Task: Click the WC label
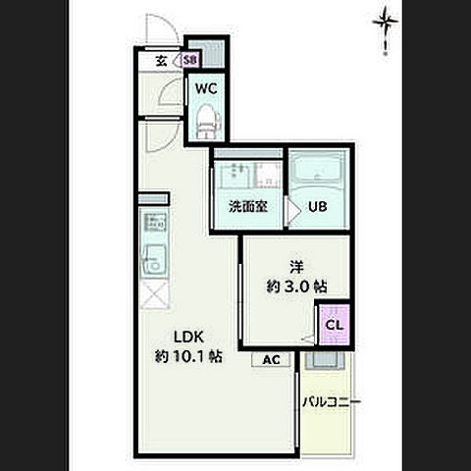pos(206,88)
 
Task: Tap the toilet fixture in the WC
pos(205,122)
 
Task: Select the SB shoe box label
pos(190,60)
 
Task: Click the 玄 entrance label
pos(161,61)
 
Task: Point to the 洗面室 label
pos(248,207)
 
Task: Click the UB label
pos(318,207)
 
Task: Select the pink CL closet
pos(335,325)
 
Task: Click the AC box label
pos(271,360)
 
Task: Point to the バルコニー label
pos(331,401)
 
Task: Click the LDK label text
pos(189,337)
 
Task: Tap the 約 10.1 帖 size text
pos(188,356)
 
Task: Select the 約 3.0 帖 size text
pos(296,287)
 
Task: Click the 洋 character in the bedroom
pos(296,267)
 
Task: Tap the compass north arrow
pos(386,30)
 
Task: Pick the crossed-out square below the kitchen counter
pos(155,294)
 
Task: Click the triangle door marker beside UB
pos(293,211)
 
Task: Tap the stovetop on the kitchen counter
pos(155,222)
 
